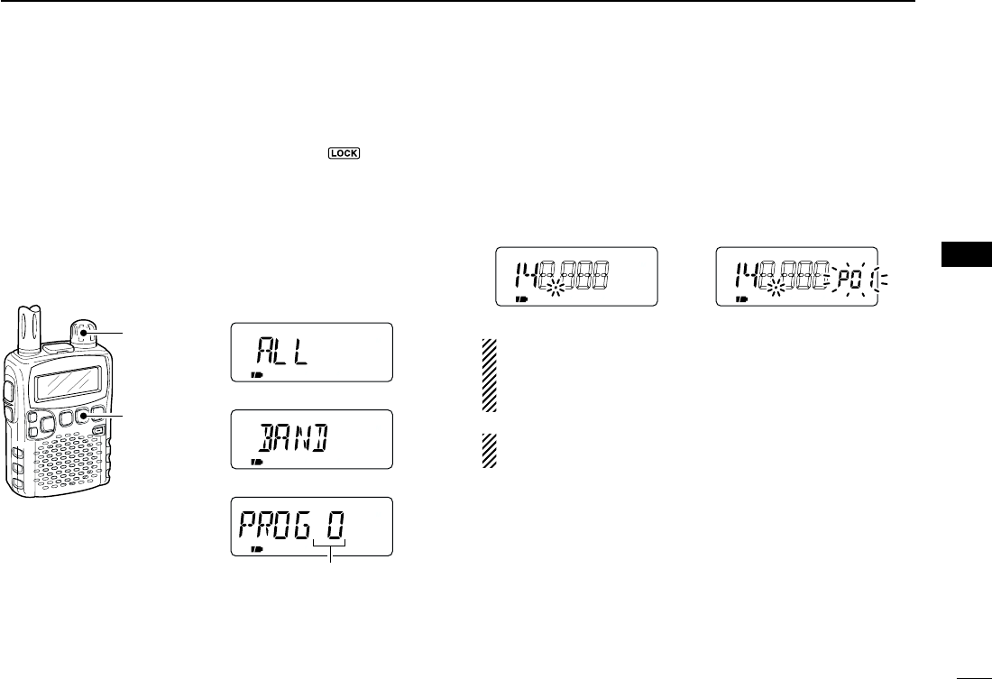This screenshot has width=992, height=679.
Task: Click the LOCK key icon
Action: coord(345,153)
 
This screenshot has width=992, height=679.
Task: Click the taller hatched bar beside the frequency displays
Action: coord(490,374)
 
